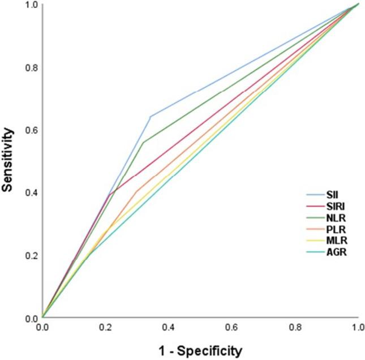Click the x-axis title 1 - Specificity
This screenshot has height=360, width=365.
(200, 350)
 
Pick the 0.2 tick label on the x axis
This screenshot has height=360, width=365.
(105, 327)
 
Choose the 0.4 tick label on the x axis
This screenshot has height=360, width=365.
(169, 327)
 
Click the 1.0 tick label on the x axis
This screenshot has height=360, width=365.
(357, 327)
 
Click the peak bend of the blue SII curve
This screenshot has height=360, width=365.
(150, 116)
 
